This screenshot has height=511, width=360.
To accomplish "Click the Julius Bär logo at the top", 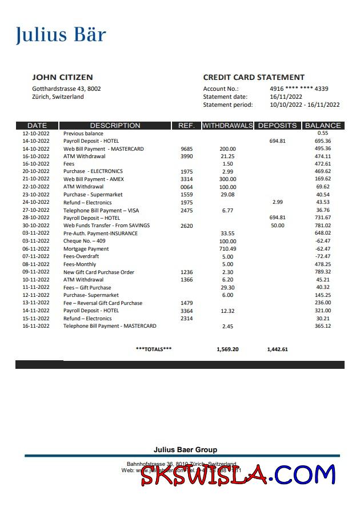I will tap(61, 35).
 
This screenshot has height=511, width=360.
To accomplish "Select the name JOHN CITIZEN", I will tap(62, 77).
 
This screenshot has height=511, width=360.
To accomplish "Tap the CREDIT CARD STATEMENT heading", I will tap(254, 77).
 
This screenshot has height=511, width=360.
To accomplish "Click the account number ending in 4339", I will tap(299, 88).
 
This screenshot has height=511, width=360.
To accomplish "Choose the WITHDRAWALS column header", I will tap(227, 126).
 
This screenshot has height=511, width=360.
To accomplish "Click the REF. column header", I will tap(187, 126).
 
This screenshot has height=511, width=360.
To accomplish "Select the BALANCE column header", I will tap(323, 126).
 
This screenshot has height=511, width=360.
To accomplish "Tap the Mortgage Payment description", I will tap(86, 249).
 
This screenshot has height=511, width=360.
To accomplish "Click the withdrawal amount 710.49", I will tap(227, 249).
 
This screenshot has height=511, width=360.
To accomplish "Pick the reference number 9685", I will tap(187, 149).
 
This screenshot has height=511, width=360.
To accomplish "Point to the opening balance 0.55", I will tap(323, 133).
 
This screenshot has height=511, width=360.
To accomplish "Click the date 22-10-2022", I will tap(36, 187).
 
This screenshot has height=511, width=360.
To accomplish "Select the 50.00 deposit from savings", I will tap(278, 226).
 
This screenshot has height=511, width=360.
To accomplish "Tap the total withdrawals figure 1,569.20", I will tap(227, 349).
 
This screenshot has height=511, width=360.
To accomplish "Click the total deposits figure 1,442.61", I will tap(278, 349).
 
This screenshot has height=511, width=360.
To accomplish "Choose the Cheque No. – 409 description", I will tap(84, 241).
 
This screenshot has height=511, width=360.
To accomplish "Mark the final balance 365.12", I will tap(323, 326).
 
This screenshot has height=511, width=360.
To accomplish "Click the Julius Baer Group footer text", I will tap(185, 450).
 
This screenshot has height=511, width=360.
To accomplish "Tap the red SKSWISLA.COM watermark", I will tap(238, 476).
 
